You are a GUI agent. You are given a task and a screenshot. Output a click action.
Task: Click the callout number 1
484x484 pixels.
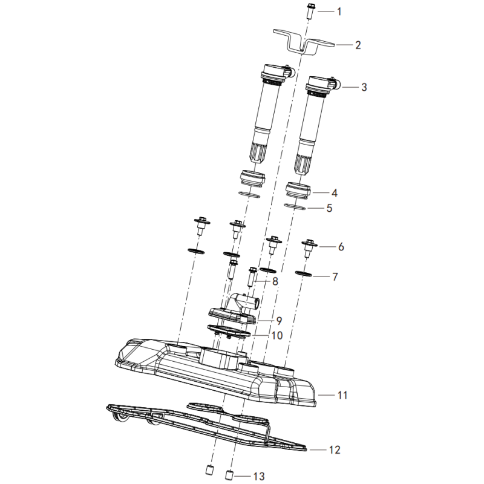point(339,11)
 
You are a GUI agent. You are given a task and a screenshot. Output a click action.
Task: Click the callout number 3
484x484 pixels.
point(364,87)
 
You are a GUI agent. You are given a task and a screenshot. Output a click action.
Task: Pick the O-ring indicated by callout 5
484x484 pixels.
point(295,207)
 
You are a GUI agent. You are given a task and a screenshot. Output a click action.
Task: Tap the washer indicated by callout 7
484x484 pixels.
point(304,274)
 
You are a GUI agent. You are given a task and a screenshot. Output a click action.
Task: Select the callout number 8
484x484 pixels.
point(275,281)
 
